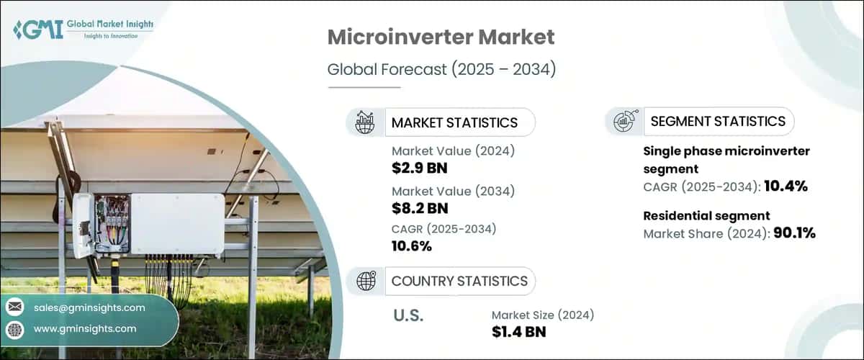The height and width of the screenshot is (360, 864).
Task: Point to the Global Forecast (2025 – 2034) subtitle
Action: (442, 70)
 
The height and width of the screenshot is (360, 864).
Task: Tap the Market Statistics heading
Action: (454, 122)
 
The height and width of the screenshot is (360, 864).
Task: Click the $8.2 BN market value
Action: (420, 208)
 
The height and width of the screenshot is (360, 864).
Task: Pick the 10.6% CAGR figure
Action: (412, 246)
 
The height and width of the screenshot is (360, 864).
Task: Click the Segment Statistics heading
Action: (718, 121)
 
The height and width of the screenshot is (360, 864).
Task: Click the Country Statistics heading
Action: (459, 281)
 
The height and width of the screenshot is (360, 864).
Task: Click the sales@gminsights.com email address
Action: (89, 307)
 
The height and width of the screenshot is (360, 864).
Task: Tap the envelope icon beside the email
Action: (14, 307)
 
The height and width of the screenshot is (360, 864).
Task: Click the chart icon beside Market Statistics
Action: (366, 122)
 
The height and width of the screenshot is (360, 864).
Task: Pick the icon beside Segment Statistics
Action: (624, 121)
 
